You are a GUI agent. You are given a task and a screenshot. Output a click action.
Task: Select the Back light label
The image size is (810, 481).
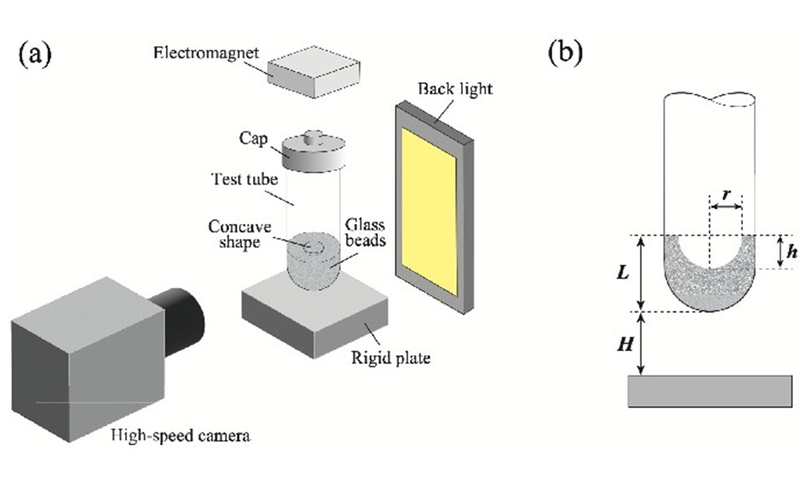(x=455, y=89)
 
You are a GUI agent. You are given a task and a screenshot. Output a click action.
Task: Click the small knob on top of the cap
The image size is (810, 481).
(x=314, y=136)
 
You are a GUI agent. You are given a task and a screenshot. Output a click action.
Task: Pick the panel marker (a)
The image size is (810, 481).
(x=34, y=55)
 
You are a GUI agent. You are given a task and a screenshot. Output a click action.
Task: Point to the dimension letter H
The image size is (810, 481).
(x=624, y=345)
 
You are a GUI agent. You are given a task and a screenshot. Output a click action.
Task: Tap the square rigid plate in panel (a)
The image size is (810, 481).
(x=315, y=314)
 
